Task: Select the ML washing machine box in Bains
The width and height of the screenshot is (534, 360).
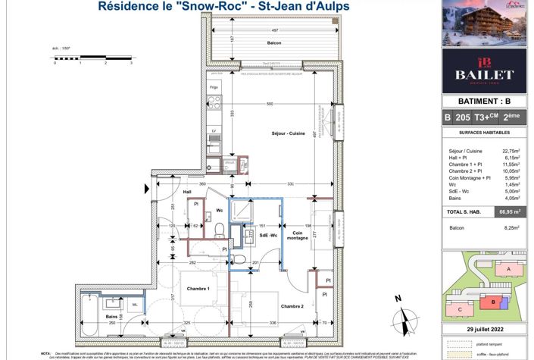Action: click(x=135, y=305)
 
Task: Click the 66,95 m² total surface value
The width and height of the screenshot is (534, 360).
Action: click(x=507, y=213)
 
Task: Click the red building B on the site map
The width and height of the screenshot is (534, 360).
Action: click(x=494, y=302)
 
